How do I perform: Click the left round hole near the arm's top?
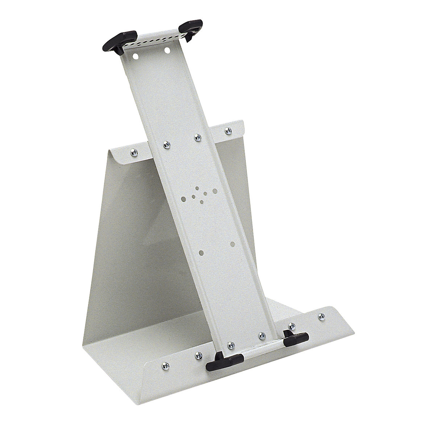pyautogui.click(x=135, y=57)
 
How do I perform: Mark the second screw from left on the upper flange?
pyautogui.click(x=167, y=145)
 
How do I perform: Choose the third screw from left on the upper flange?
pyautogui.click(x=197, y=137)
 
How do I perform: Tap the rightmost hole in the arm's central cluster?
pyautogui.click(x=215, y=190)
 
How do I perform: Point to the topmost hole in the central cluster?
pyautogui.click(x=197, y=188)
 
